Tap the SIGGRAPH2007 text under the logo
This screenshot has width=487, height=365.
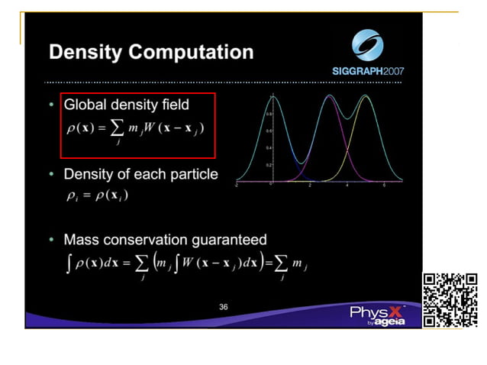368,71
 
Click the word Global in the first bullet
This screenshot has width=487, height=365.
85,104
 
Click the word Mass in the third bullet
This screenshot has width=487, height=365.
82,240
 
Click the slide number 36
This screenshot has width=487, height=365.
223,307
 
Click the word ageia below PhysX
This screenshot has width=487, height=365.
388,323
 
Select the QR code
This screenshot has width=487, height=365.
450,299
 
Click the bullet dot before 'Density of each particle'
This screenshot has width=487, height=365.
51,175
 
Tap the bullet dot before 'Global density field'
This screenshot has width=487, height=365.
51,104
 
